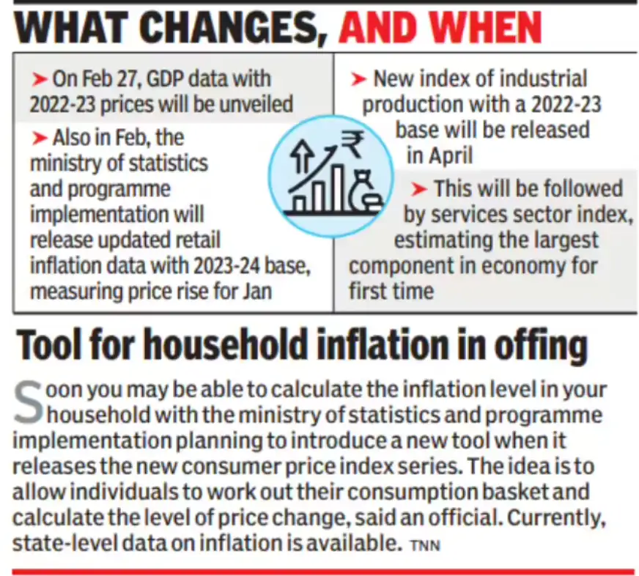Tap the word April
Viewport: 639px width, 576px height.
tap(449, 155)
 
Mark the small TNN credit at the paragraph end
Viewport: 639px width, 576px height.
tap(426, 545)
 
